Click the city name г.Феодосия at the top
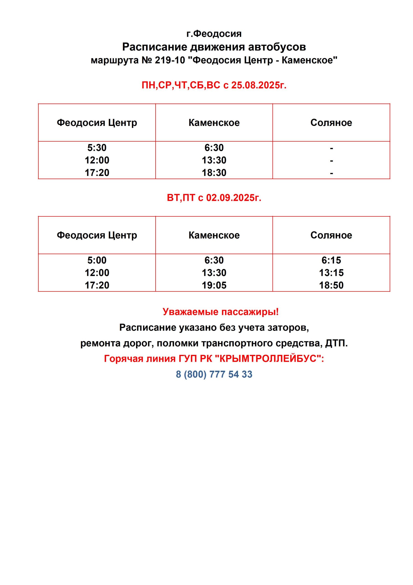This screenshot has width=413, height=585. coord(214,34)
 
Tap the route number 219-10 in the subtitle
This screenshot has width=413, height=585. coord(170,60)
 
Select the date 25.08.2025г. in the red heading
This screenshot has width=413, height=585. coord(259,85)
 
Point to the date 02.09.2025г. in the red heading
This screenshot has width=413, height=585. coord(234,197)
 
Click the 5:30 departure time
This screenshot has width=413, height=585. coord(97,148)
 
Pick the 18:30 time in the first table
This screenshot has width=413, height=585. coord(214,173)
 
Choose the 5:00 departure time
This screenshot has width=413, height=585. coord(97,260)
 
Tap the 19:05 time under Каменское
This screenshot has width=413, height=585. coord(214,285)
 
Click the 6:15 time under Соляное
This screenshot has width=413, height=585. coord(331,260)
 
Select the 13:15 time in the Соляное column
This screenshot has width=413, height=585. coord(331,273)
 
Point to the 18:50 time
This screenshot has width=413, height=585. coord(331,285)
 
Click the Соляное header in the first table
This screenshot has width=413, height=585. coord(331,122)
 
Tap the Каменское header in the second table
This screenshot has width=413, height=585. coord(214,235)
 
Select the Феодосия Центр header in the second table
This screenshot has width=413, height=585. coord(97,235)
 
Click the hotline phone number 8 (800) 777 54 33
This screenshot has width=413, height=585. coord(214,374)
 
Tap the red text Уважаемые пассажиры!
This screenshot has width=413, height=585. coord(221,312)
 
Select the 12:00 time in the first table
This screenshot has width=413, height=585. coord(97,160)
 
